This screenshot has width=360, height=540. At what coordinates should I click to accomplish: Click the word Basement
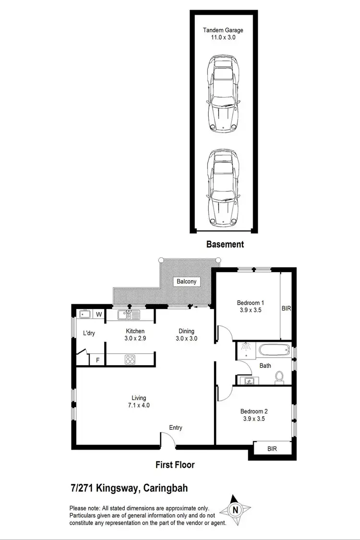225,244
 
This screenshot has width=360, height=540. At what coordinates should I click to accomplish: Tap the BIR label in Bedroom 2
272,449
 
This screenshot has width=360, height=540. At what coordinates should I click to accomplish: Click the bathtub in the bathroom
274,350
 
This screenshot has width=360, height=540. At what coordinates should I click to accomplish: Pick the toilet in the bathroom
279,379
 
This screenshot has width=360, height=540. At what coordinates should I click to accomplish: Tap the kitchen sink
128,315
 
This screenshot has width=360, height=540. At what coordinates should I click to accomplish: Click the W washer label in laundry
99,315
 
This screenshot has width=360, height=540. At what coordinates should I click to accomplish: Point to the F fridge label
97,360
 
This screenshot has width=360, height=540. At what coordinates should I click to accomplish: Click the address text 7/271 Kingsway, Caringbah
129,489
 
